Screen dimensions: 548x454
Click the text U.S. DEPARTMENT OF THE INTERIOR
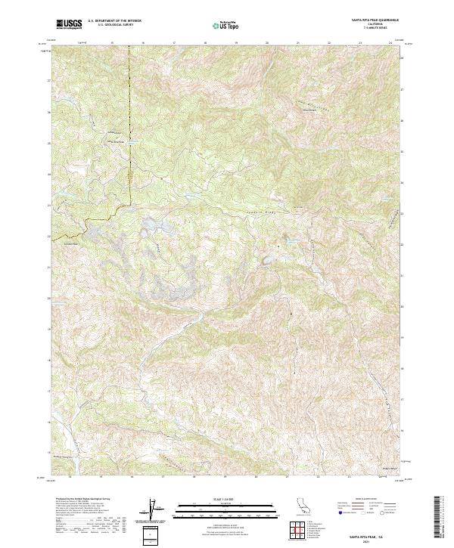114,21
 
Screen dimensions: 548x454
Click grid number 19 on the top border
236,44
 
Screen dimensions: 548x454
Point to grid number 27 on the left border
51,80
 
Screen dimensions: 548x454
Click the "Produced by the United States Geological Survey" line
79,500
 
